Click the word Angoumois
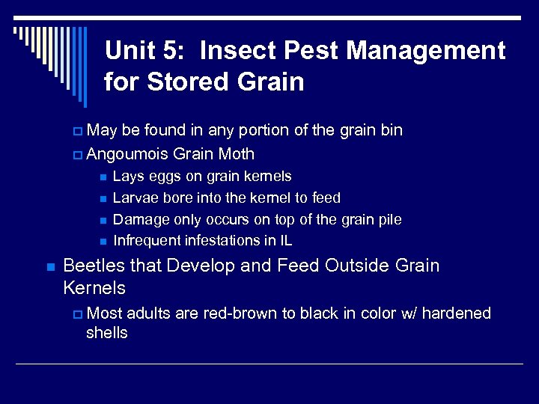tap(127, 154)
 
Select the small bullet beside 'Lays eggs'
tap(102, 177)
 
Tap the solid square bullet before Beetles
tap(49, 266)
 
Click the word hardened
tap(457, 313)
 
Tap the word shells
tap(107, 333)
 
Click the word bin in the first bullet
tap(391, 130)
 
